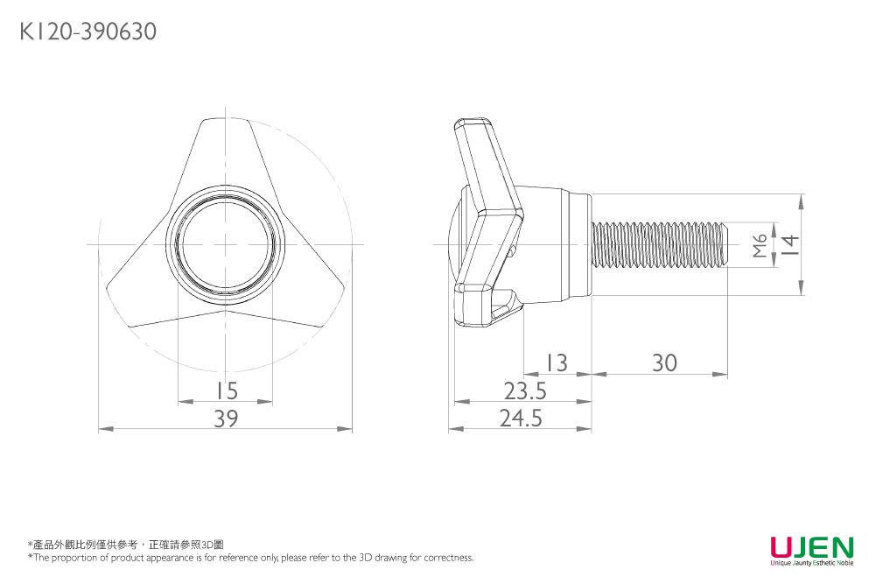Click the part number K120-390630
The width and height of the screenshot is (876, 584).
88,32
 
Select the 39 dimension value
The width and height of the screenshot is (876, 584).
226,419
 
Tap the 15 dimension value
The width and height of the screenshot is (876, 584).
226,391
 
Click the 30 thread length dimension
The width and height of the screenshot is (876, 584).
664,362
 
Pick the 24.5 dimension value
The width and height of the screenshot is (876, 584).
522,419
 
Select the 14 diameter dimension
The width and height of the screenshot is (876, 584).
789,244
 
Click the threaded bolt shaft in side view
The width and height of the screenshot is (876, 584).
661,244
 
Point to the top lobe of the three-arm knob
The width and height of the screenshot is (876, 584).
225,144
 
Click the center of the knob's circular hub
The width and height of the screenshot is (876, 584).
226,243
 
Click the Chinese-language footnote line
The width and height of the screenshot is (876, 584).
126,545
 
